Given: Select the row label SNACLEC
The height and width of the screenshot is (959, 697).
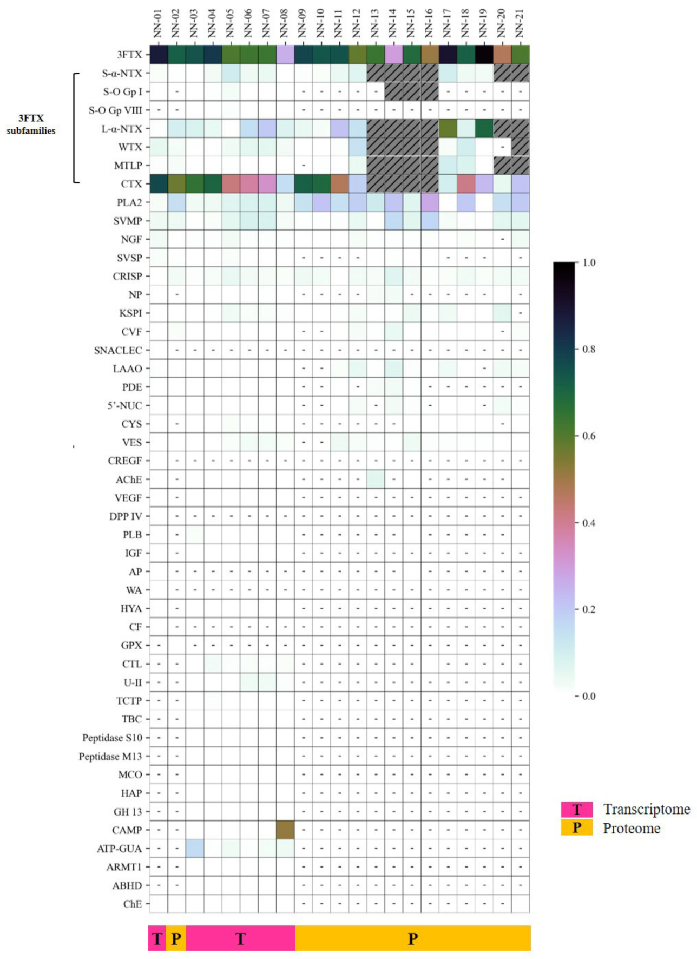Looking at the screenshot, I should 118,350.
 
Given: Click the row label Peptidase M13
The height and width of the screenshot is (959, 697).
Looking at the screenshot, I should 110,756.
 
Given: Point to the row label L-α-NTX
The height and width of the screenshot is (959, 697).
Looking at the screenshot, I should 122,129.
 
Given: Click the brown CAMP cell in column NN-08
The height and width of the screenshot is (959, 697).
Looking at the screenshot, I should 285,830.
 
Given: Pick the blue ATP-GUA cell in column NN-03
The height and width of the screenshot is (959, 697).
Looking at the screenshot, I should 195,848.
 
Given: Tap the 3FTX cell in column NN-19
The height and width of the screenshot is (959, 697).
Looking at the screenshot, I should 484,55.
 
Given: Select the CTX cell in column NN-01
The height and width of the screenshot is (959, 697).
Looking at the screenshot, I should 158,184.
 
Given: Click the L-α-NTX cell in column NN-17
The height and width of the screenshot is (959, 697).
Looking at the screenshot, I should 448,129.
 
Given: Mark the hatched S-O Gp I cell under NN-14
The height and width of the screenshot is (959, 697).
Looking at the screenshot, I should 394,91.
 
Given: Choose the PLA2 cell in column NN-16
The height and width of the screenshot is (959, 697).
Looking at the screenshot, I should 430,202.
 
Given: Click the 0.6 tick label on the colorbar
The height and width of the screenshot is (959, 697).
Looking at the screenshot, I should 589,436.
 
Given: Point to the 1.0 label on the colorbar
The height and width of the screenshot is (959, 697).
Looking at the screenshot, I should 589,263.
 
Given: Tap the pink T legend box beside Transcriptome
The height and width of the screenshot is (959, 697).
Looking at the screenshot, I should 577,810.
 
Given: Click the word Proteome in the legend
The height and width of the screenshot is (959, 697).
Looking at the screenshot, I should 632,829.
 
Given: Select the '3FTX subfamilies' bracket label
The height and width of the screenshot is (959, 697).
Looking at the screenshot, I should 31,124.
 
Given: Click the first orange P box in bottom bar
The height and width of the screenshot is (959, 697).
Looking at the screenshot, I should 176,938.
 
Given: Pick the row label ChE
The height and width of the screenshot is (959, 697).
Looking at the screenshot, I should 133,904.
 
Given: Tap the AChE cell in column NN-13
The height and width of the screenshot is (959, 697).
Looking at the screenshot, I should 376,479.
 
